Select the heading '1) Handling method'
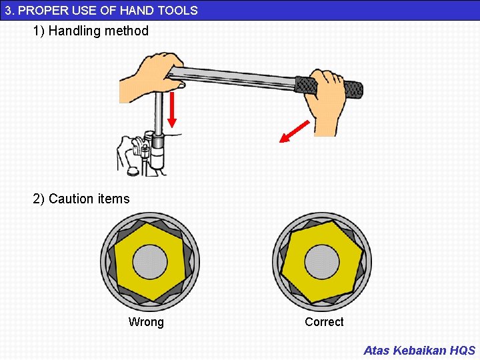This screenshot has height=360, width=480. pos(91,31)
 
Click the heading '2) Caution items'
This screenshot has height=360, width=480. pos(81,199)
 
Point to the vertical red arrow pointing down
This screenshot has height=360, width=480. pos(172,110)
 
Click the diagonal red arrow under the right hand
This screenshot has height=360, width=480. pos(294,131)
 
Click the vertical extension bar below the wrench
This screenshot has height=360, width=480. pos(159,113)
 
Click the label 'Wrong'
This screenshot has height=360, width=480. pos(146,323)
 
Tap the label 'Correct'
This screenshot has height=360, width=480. pos(324,322)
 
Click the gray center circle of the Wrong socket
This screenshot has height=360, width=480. pos(149,262)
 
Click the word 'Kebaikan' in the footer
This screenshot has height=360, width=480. pos(420,350)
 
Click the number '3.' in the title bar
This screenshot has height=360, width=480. pos(9,10)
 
